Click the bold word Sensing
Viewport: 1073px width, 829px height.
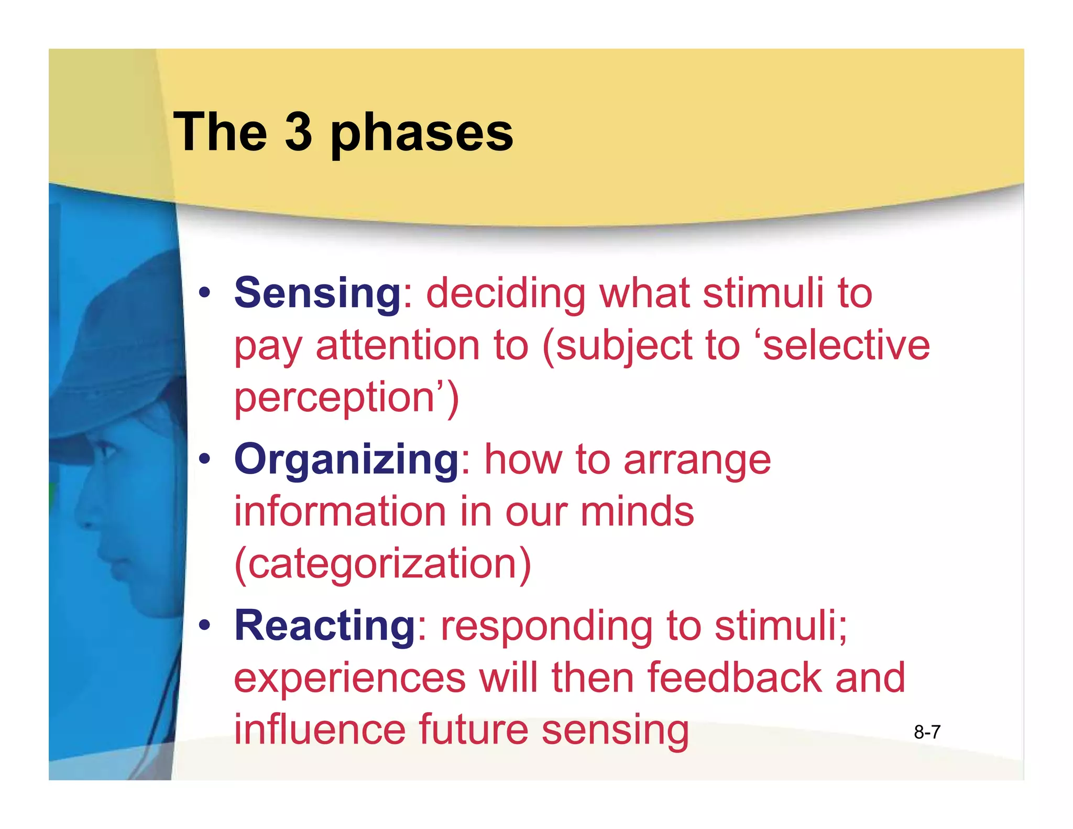317,293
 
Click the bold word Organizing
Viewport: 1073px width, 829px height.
346,460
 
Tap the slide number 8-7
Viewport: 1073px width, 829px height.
927,732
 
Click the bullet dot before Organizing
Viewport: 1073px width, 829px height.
205,459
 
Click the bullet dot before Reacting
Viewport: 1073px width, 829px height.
205,625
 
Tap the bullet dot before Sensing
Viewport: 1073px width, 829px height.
205,293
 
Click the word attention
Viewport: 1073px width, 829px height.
398,346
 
